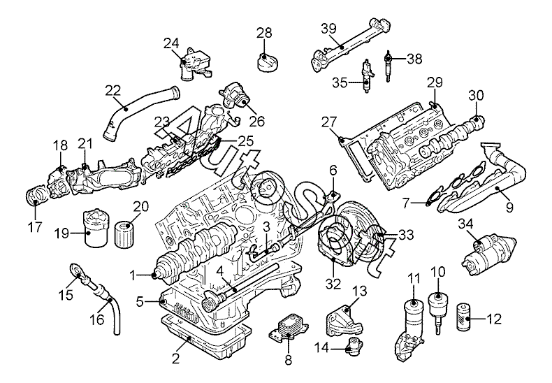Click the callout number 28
263,33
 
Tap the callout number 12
494,319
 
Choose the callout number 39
329,29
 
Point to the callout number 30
475,96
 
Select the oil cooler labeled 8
285,329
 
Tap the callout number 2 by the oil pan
176,359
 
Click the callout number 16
96,319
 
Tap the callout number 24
172,43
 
